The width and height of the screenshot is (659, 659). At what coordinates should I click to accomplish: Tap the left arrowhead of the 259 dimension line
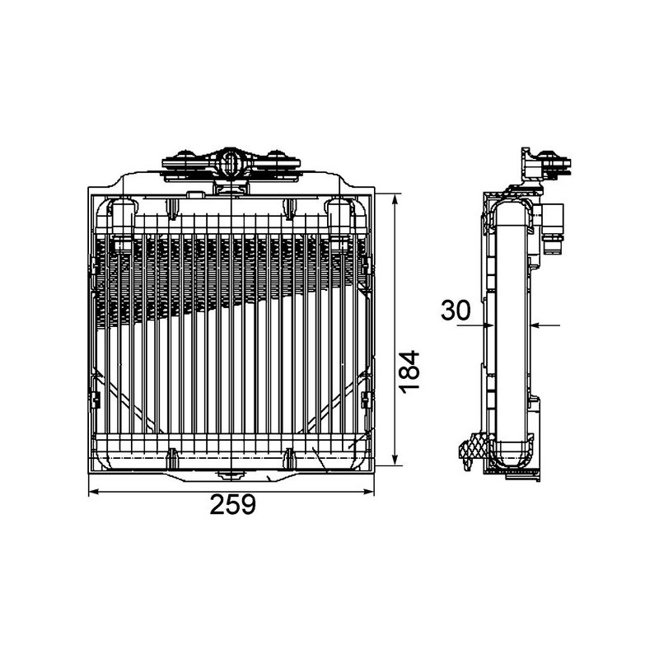pos(93,492)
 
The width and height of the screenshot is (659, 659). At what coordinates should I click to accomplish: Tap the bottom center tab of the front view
pos(231,474)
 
